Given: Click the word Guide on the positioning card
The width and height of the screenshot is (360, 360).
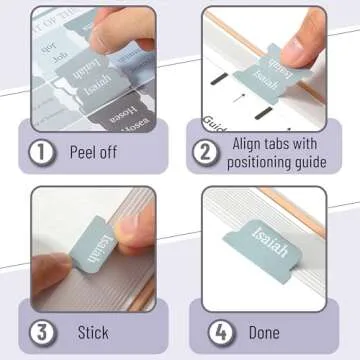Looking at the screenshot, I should click(215, 121).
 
